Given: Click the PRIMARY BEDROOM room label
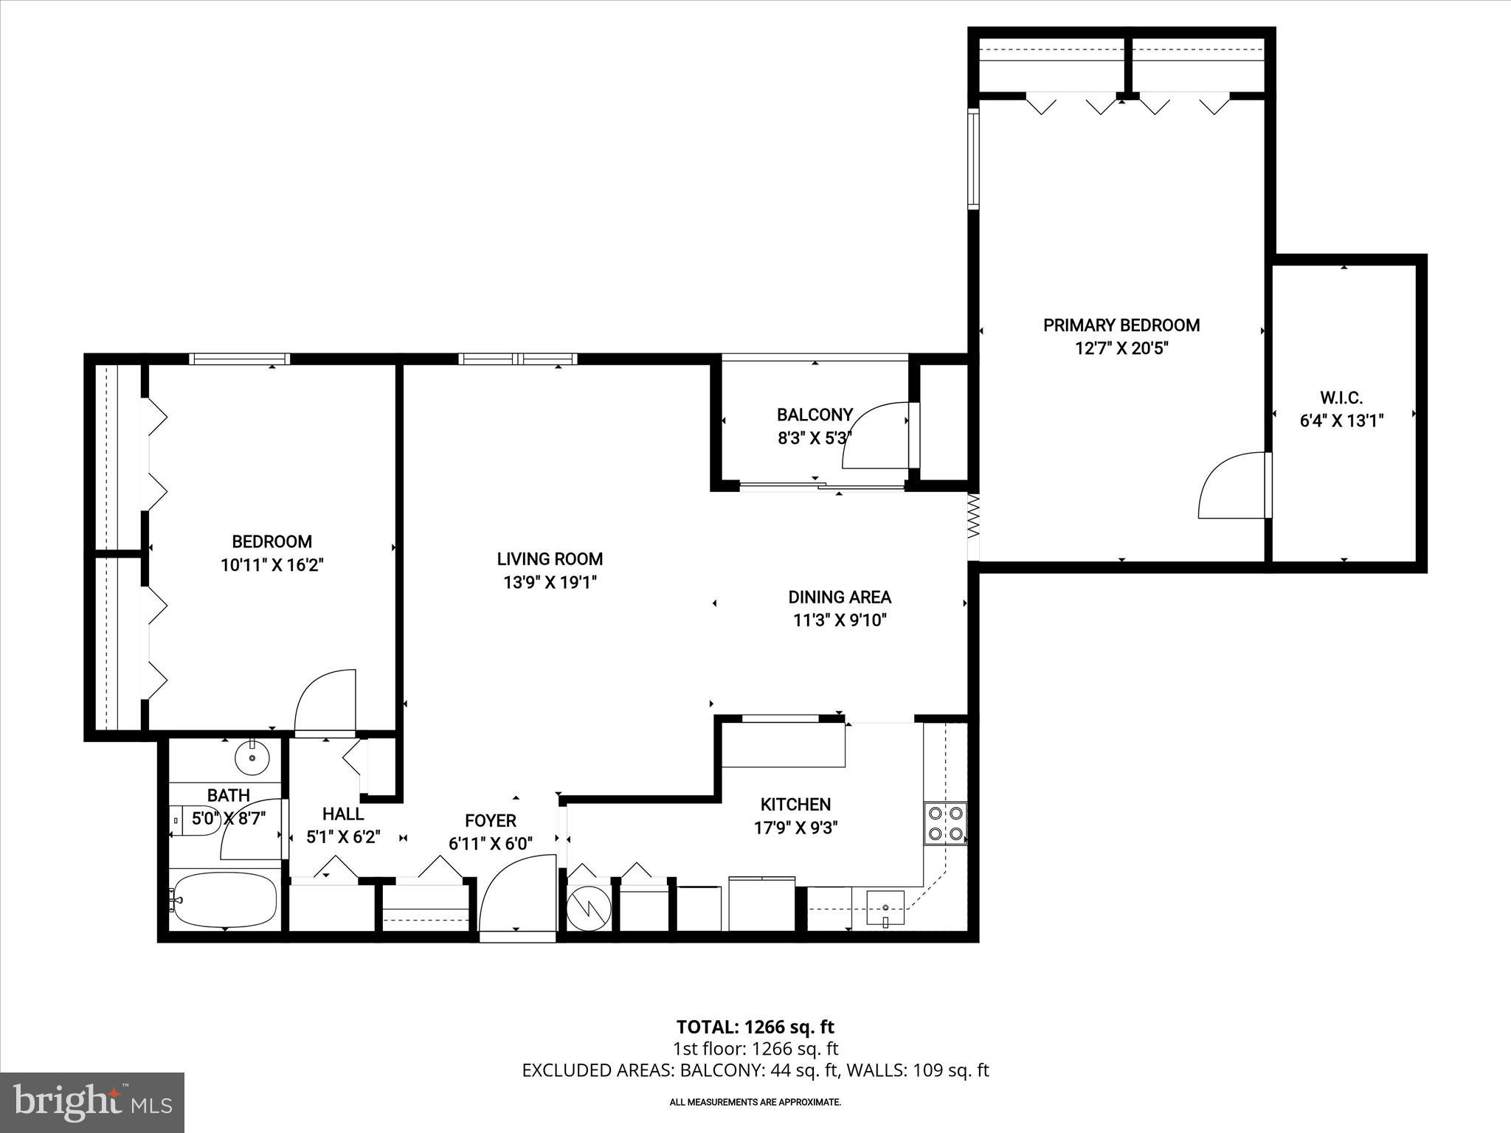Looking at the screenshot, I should click(x=1121, y=325).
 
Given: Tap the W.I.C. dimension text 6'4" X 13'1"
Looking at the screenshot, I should click(x=1341, y=421).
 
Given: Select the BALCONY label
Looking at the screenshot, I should click(x=815, y=415).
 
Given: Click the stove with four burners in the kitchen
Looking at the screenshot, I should click(x=945, y=823).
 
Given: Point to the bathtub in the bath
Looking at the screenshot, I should click(x=224, y=901).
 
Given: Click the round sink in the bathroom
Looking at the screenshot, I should click(x=252, y=757).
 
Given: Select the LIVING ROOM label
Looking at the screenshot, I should click(x=550, y=559).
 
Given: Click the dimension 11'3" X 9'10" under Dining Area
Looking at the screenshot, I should click(x=840, y=620).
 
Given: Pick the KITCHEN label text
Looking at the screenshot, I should click(x=795, y=804).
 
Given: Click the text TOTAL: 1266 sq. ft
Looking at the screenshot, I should click(x=755, y=1027).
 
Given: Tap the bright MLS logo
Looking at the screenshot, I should click(x=92, y=1103).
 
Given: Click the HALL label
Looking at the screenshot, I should click(x=343, y=814).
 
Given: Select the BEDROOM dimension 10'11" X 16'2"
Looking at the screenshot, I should click(x=272, y=565).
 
